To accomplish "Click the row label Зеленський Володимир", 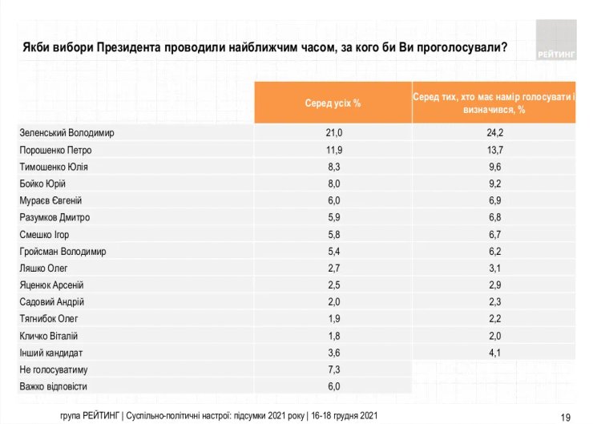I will point(67,132).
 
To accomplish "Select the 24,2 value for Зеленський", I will point(494,132).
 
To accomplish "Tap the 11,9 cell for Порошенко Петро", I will point(333,150).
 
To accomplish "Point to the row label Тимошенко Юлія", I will point(54,167).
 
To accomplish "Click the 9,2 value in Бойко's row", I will point(494,184).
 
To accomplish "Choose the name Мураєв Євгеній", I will point(51,200).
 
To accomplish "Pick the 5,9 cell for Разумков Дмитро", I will point(333,217).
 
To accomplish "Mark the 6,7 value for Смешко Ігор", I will point(494,234).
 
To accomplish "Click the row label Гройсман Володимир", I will point(63,251).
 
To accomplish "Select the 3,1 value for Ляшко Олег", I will point(494,268).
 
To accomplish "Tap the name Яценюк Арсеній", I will point(52,285).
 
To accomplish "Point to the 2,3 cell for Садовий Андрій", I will point(494,301).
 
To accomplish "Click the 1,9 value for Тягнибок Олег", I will point(333,319).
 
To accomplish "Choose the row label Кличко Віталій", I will point(49,336).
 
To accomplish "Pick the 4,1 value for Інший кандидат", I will point(494,353).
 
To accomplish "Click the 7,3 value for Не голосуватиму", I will point(333,369).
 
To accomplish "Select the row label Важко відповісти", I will point(53,386).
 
